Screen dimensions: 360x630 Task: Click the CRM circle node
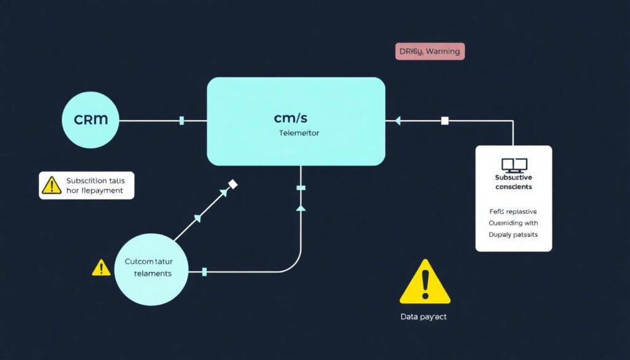pos(90,120)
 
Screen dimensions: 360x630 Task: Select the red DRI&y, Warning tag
pos(429,52)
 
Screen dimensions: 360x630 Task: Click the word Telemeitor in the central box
pos(299,132)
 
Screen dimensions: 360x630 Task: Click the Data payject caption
pos(423,317)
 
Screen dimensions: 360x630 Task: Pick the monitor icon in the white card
pos(514,165)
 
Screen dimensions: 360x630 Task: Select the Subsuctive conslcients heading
pos(514,182)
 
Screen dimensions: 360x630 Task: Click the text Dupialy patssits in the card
pos(513,235)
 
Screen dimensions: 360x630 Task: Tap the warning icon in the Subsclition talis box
pos(50,185)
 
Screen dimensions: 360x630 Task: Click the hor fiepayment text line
pos(94,191)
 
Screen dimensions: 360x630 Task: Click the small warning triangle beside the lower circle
pos(100,268)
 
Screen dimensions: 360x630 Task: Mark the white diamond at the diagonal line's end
pos(233,184)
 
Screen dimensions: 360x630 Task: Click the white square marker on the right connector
pos(445,121)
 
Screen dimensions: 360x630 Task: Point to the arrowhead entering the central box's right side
pos(397,121)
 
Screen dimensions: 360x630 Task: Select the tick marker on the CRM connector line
pos(181,121)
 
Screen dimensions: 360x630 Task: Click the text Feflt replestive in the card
pos(513,211)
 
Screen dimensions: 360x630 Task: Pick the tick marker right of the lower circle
pos(204,271)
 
